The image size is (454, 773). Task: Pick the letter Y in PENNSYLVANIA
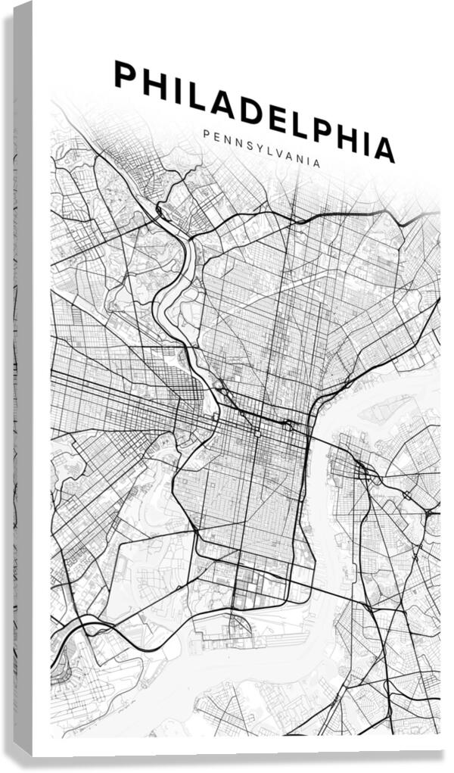pos(257,147)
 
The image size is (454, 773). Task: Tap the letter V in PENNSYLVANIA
pos(280,153)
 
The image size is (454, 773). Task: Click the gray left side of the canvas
pos(23,379)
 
